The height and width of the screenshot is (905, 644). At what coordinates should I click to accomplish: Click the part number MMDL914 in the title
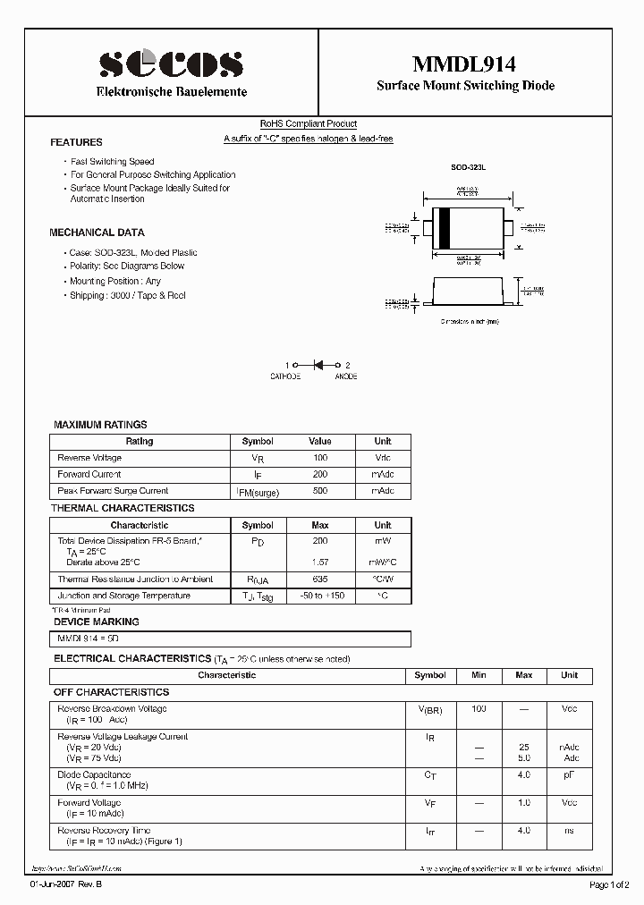pyautogui.click(x=463, y=63)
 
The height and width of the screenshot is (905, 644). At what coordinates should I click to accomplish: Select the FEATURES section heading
pyautogui.click(x=76, y=142)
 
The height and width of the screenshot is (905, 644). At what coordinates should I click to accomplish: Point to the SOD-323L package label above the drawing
pyautogui.click(x=466, y=167)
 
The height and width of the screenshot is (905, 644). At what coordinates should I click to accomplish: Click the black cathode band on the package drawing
pyautogui.click(x=443, y=227)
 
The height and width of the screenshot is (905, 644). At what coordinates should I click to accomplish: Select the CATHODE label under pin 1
pyautogui.click(x=285, y=376)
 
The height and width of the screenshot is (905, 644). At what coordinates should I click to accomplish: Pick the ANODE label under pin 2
pyautogui.click(x=346, y=376)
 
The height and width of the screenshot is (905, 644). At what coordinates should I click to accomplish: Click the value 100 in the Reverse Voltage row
pyautogui.click(x=319, y=458)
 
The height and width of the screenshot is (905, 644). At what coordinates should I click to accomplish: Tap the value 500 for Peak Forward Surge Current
pyautogui.click(x=319, y=491)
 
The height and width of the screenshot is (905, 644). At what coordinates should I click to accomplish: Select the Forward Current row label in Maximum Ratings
pyautogui.click(x=89, y=475)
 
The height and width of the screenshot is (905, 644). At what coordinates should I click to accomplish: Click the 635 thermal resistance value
pyautogui.click(x=320, y=579)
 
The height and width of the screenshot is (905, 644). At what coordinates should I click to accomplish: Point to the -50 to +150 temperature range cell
pyautogui.click(x=320, y=596)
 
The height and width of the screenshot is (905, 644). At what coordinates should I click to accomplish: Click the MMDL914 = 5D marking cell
pyautogui.click(x=88, y=639)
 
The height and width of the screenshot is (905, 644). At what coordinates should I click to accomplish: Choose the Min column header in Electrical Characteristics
pyautogui.click(x=479, y=675)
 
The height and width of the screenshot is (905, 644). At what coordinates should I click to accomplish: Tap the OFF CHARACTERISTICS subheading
pyautogui.click(x=111, y=692)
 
